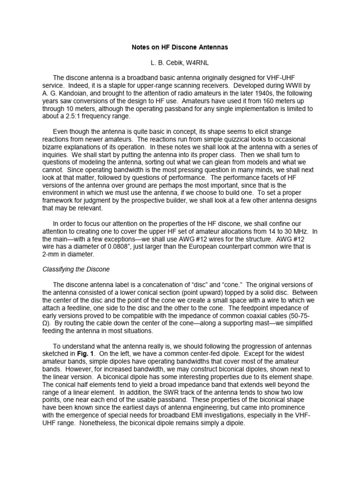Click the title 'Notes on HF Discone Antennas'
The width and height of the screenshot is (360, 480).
tap(180, 47)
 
